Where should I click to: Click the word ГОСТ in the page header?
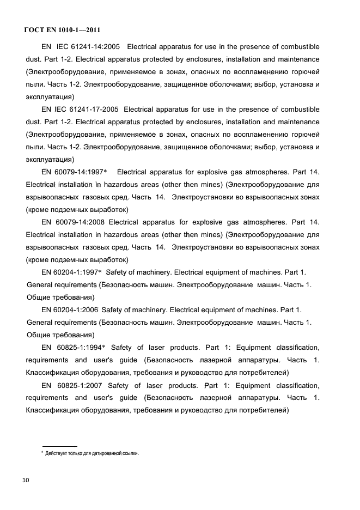coord(35,30)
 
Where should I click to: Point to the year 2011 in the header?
coord(90,30)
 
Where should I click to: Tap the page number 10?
coord(26,480)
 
